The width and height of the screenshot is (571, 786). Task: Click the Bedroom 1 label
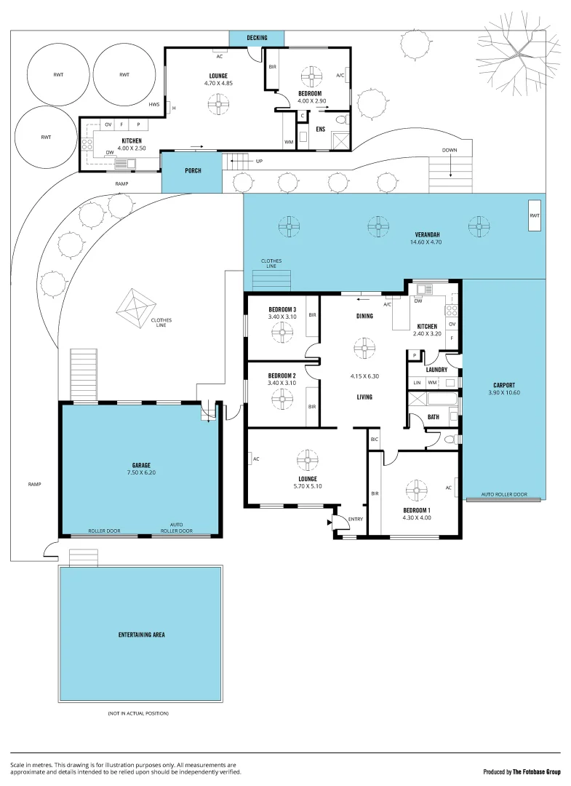tap(417, 510)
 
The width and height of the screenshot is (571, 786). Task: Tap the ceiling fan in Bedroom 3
tap(281, 333)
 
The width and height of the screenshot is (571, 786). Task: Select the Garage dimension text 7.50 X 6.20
tap(141, 472)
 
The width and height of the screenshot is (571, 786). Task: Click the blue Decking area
tap(257, 38)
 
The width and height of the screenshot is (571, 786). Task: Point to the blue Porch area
tap(192, 172)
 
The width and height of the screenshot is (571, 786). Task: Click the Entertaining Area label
tap(141, 635)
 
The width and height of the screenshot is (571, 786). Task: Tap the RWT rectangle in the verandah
tap(535, 215)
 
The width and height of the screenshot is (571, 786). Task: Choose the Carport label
tap(503, 385)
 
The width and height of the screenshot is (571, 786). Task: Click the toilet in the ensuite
tap(341, 119)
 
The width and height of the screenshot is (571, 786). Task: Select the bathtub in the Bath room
tap(442, 400)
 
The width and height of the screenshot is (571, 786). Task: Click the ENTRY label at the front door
tap(355, 519)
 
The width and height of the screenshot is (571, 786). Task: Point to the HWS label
tap(153, 105)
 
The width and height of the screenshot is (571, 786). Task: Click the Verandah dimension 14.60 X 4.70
tap(426, 241)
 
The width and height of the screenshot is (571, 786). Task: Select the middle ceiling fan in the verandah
tap(378, 226)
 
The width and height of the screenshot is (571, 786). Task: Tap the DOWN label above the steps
tap(450, 151)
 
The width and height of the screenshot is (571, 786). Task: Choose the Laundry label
tap(436, 370)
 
